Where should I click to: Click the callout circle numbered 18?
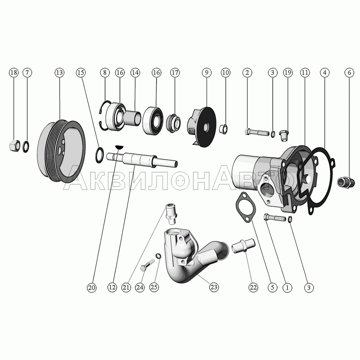(x=14, y=72)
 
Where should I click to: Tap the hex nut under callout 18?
(x=14, y=145)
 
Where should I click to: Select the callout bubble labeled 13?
(x=59, y=72)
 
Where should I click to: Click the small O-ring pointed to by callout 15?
(x=99, y=155)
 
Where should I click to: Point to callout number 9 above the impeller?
(x=207, y=72)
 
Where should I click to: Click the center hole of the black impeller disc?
(x=205, y=127)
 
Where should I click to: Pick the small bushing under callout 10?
(x=224, y=129)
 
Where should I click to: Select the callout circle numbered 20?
(x=92, y=288)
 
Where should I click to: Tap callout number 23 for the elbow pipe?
(x=214, y=287)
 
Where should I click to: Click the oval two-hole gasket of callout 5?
(x=245, y=208)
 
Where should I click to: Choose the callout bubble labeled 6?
(x=350, y=72)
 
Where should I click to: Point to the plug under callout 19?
(x=284, y=135)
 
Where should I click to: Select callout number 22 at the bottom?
(x=253, y=288)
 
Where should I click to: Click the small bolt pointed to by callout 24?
(x=147, y=265)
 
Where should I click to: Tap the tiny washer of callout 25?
(x=158, y=256)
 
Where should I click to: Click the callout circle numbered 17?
(x=175, y=72)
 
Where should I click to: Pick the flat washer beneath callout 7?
(x=26, y=147)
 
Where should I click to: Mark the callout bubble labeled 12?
(x=112, y=288)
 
